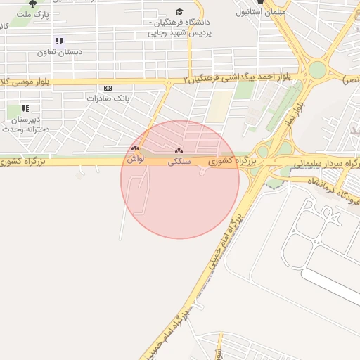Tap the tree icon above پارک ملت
(32, 3)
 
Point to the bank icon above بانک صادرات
(108, 88)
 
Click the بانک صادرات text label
(109, 98)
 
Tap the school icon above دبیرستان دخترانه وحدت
(25, 108)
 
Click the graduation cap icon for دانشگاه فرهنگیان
(179, 12)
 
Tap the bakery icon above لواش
(135, 148)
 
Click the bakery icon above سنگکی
(178, 150)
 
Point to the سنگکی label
(179, 162)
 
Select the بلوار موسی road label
(28, 82)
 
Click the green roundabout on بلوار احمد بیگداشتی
(318, 70)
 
